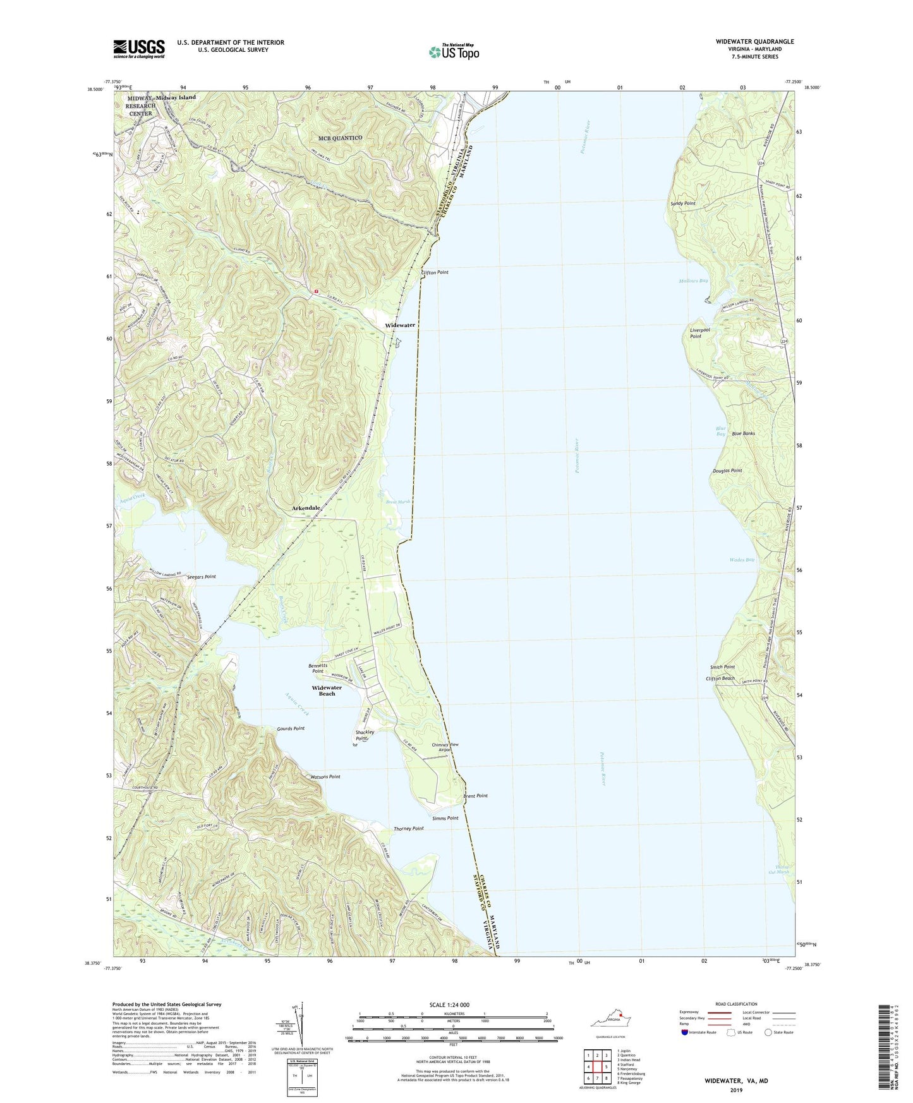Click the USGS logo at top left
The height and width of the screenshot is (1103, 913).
coord(139,49)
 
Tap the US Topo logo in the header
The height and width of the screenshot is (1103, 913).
coord(454,52)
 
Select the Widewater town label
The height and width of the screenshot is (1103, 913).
coord(400,325)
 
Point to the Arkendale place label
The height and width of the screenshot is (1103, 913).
coord(306,508)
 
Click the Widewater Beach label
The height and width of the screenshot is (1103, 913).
coord(327,690)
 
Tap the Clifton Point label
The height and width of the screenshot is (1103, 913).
coord(435,272)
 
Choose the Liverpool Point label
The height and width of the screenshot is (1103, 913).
coord(699,333)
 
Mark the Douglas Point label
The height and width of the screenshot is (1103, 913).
coord(727,471)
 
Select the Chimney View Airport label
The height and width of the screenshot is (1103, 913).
coord(445,747)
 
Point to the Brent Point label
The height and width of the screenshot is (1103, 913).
coord(475,796)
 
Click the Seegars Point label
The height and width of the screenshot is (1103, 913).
coord(201,577)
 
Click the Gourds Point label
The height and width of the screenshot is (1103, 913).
coord(291,728)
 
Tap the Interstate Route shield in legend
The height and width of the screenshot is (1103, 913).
coord(685,1032)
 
